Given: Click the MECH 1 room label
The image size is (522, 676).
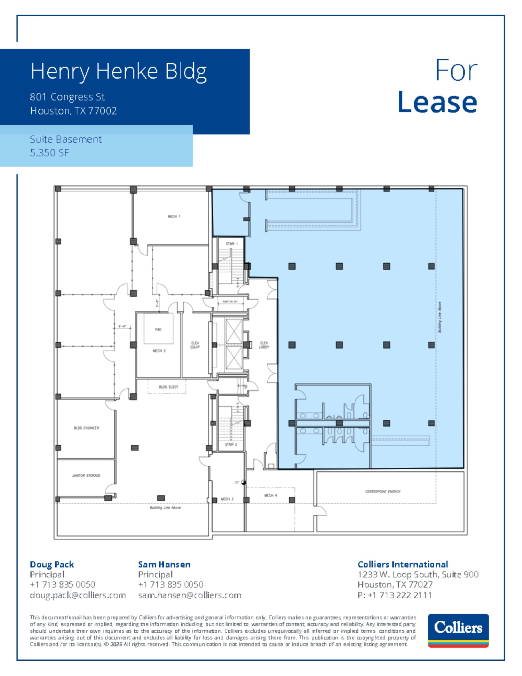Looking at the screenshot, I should (174, 217).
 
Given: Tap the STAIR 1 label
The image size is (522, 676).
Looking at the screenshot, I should (231, 244).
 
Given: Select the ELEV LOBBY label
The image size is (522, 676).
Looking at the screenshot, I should (264, 345).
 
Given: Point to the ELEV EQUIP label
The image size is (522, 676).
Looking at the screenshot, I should (195, 345).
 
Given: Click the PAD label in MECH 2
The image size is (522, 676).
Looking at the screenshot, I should (158, 329).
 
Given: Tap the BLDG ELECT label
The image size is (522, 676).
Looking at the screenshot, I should (168, 387).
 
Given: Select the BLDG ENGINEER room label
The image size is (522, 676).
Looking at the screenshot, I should (86, 428).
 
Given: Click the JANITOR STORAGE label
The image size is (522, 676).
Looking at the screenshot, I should (86, 475).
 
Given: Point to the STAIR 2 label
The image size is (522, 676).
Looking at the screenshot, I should (231, 444).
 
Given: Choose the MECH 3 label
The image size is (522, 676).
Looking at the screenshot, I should (227, 499).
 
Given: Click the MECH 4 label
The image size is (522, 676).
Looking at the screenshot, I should (270, 495).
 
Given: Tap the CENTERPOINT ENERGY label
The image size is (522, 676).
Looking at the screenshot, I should (383, 492).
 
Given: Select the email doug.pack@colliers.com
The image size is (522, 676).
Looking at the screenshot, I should (78, 595).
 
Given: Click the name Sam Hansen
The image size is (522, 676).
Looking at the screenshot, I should (164, 565).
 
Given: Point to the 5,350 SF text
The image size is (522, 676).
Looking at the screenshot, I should (49, 153).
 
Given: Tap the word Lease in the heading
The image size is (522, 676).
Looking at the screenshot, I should (437, 102).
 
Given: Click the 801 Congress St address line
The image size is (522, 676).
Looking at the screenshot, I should (67, 97).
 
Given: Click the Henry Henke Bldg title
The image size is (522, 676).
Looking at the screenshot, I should (119, 71).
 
